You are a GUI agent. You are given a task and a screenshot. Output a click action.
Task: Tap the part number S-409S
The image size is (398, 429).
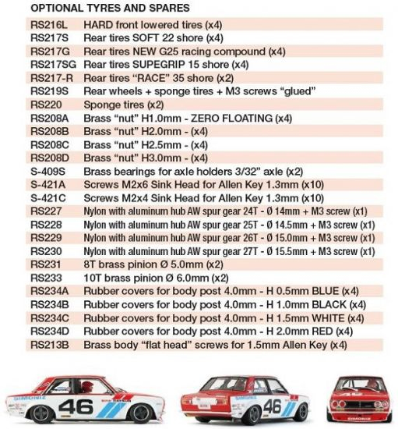click(x=48, y=171)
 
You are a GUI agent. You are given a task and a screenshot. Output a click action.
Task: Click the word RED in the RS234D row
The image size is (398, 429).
click(x=323, y=331)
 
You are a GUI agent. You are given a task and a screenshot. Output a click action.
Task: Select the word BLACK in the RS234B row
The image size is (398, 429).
click(x=332, y=304)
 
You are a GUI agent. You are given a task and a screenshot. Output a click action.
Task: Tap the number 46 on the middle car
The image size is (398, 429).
click(x=272, y=406)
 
